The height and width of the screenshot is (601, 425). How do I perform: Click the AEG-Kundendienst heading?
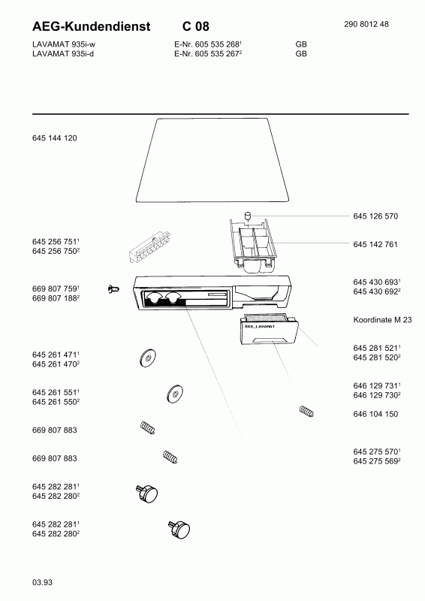click(x=91, y=26)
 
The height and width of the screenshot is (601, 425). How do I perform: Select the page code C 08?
click(x=196, y=26)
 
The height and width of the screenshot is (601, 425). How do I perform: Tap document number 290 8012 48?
click(x=366, y=24)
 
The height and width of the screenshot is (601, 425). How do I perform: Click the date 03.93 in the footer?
click(x=42, y=582)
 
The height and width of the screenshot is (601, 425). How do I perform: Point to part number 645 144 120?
click(x=54, y=138)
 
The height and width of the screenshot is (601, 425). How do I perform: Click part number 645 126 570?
click(x=375, y=216)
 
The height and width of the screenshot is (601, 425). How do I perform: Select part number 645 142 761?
click(x=375, y=245)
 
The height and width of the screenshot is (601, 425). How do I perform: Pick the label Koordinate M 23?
click(x=382, y=320)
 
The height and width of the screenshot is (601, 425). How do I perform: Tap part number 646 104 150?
click(x=375, y=414)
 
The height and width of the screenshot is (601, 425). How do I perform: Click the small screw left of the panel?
click(x=113, y=289)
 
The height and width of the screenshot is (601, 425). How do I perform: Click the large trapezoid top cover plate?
click(x=212, y=160)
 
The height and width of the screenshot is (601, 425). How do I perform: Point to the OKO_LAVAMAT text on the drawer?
click(x=260, y=327)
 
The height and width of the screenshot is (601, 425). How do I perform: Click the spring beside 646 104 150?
click(x=306, y=411)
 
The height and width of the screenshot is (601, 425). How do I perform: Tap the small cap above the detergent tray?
click(x=248, y=215)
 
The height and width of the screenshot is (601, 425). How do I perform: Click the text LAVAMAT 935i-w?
click(x=64, y=44)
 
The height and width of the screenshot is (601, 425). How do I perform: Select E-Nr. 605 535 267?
click(x=208, y=53)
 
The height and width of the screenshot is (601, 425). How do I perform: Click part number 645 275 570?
click(x=377, y=452)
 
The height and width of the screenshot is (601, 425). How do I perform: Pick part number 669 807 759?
click(x=56, y=288)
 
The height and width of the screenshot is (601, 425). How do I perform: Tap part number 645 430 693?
click(x=377, y=282)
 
